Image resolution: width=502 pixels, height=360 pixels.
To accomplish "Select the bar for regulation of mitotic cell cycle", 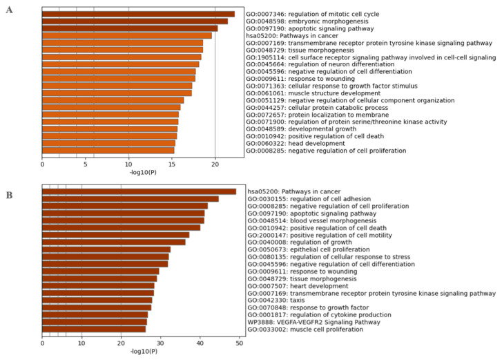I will [x=138, y=15].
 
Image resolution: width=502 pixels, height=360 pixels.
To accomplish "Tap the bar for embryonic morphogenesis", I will [x=135, y=21].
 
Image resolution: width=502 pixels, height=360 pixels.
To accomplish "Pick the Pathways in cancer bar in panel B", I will [x=139, y=191].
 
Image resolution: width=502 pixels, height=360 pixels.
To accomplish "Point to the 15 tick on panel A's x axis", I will [x=172, y=164].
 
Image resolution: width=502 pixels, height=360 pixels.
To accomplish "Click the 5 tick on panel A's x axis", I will [x=85, y=164].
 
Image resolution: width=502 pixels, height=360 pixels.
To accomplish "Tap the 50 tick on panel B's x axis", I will [x=240, y=341].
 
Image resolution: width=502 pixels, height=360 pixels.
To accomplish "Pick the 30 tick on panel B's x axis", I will [x=161, y=341].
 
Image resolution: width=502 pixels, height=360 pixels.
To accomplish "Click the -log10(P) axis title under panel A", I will [x=142, y=173].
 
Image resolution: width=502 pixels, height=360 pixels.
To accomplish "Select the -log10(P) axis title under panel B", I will [x=142, y=351].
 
